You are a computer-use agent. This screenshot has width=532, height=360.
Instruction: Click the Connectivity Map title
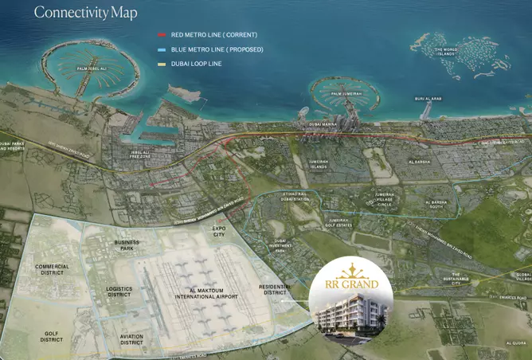[x=86, y=13]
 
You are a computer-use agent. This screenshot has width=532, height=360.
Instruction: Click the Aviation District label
[x=131, y=339]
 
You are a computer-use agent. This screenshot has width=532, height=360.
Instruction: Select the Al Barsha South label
[x=437, y=205]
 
